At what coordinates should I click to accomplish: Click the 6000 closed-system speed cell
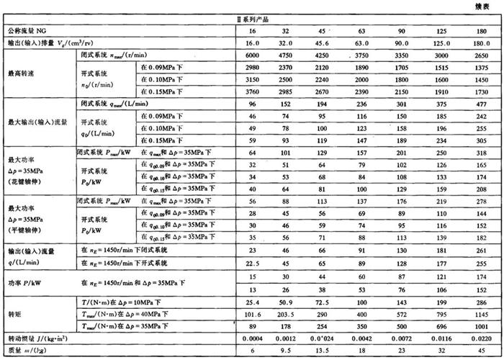(251, 55)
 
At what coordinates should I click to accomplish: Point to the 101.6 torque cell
(251, 314)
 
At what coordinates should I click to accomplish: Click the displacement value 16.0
(251, 43)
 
